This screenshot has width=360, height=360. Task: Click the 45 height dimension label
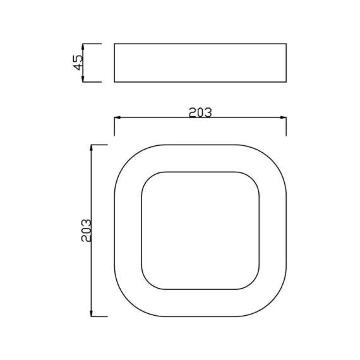78,63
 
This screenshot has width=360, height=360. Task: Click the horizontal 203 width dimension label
200,112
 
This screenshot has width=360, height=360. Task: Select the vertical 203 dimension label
87,231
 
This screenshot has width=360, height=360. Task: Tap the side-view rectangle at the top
200,63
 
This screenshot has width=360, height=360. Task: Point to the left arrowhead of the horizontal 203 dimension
117,118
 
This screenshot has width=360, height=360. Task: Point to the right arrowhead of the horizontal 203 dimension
283,118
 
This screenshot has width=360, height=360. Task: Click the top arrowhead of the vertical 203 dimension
93,148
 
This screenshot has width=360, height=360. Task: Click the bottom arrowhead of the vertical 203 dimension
93,313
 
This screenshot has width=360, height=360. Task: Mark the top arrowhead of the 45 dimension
83,46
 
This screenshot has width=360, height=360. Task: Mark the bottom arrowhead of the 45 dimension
83,79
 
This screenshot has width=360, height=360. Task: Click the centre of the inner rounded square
200,231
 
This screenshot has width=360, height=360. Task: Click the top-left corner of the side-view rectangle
114,44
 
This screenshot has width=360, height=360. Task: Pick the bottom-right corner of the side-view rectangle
286,81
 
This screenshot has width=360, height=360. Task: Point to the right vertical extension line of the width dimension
286,126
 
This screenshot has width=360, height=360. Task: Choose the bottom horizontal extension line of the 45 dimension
92,81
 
